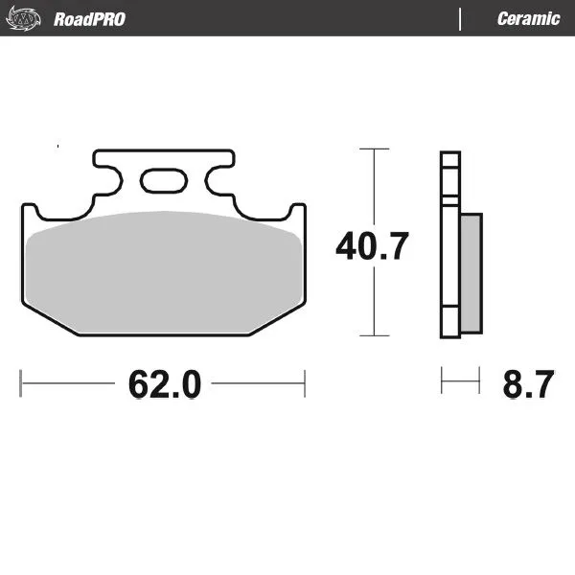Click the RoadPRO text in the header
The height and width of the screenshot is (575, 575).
tap(89, 19)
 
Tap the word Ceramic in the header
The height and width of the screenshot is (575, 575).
tap(528, 19)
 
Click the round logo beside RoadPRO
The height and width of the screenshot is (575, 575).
tap(31, 19)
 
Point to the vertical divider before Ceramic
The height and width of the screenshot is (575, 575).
tap(461, 19)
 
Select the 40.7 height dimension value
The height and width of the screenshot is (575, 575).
tap(372, 246)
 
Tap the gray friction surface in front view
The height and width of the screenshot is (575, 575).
tap(163, 273)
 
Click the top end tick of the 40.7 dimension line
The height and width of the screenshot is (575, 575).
tap(374, 149)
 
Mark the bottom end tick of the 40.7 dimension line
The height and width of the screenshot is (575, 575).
tap(374, 335)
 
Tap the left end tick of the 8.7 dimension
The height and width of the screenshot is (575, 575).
tap(442, 382)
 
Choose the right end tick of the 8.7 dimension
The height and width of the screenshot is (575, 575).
tap(479, 382)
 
